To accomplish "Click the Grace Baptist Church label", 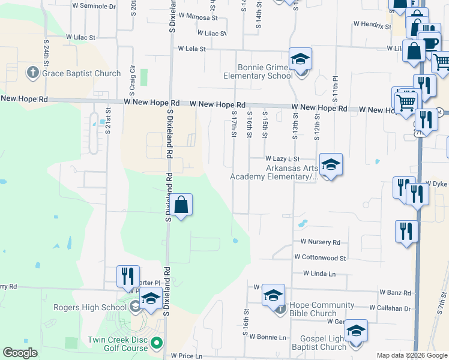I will click(x=81, y=74).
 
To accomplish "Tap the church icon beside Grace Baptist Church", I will click(x=34, y=74).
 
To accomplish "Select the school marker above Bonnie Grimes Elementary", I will click(x=301, y=59).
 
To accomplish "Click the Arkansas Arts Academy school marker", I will click(x=330, y=164).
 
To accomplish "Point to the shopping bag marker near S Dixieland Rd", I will click(x=181, y=205).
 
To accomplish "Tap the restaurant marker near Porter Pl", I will click(x=128, y=276).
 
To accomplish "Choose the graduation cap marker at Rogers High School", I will click(x=151, y=298).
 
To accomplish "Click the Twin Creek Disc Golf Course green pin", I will click(x=157, y=344).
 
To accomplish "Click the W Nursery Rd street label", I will click(x=321, y=242).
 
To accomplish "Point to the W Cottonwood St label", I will click(x=320, y=257).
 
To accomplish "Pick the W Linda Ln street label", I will click(x=319, y=274).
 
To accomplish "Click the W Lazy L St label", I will click(x=287, y=158).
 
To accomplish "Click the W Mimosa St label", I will click(x=197, y=16).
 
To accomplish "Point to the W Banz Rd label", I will click(x=395, y=293).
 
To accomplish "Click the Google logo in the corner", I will click(x=20, y=353).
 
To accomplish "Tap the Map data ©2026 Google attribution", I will click(x=412, y=355).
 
